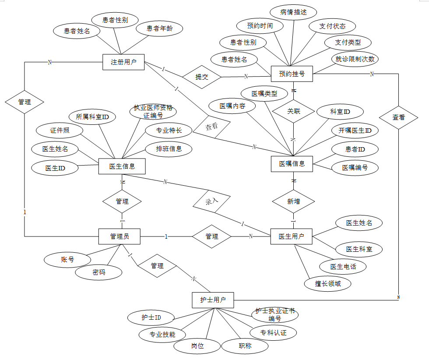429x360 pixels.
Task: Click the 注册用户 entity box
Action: [x=123, y=62]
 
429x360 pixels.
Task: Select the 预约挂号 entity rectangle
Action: [x=292, y=74]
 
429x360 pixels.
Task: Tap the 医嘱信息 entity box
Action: [x=292, y=164]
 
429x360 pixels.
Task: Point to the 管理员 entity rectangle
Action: [x=120, y=236]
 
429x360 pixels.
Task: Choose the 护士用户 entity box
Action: [x=213, y=300]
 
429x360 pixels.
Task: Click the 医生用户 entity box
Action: [x=292, y=236]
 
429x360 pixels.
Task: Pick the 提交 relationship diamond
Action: [x=202, y=77]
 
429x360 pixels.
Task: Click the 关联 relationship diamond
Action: [x=294, y=111]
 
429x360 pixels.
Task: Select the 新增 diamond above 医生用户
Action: [x=294, y=201]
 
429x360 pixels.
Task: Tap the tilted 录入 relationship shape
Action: [x=211, y=202]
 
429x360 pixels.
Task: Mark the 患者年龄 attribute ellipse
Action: [x=158, y=29]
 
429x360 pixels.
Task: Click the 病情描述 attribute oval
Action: [x=293, y=12]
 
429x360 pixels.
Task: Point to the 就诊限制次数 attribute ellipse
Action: [x=355, y=59]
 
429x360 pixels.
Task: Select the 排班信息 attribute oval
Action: [x=169, y=148]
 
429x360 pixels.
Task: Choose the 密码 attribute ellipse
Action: [x=99, y=272]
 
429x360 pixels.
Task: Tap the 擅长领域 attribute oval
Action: [x=328, y=283]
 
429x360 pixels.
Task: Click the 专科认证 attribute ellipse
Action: [x=274, y=333]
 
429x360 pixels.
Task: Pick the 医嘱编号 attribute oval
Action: [x=355, y=167]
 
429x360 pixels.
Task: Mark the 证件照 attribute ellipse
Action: [x=60, y=130]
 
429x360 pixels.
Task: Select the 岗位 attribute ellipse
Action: [x=197, y=346]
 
